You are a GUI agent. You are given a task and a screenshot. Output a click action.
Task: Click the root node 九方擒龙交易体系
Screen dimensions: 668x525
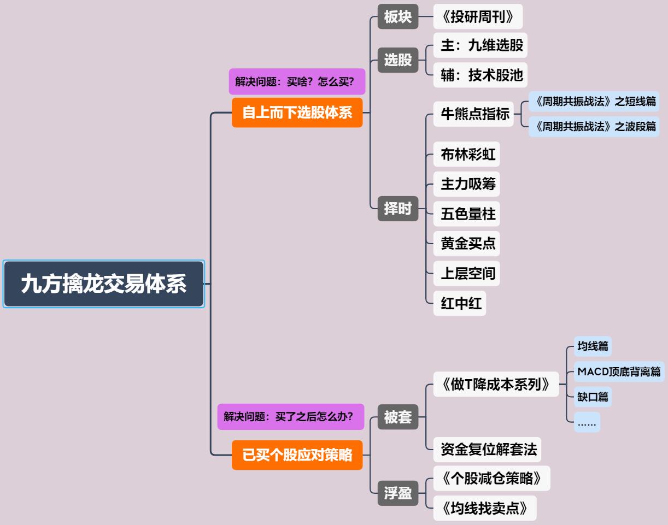(104, 284)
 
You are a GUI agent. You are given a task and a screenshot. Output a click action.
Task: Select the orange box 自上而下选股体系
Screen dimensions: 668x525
(297, 113)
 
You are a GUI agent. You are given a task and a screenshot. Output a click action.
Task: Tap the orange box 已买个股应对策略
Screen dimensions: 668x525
(297, 455)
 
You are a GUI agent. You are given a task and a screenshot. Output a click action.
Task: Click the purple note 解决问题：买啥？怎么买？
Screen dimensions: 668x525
(297, 81)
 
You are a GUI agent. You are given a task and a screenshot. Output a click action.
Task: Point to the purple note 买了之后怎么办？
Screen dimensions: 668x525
(291, 417)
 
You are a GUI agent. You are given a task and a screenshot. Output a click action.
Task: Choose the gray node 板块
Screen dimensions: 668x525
(397, 16)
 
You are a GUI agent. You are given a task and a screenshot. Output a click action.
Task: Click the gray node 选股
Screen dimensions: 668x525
(397, 60)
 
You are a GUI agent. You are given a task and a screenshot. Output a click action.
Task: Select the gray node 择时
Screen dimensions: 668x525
(397, 209)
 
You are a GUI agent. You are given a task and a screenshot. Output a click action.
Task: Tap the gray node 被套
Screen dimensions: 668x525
(397, 417)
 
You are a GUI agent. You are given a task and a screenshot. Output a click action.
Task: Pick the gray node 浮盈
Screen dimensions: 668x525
(397, 493)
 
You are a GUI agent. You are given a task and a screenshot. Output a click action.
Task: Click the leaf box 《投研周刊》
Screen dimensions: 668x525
(478, 16)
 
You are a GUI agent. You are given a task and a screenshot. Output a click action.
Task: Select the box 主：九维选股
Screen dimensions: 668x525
(480, 45)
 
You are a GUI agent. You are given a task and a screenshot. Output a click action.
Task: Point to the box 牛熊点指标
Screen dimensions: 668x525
(473, 114)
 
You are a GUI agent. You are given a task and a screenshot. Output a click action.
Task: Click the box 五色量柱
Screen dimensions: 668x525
(466, 214)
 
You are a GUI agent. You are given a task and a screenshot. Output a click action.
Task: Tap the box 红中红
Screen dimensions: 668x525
(460, 303)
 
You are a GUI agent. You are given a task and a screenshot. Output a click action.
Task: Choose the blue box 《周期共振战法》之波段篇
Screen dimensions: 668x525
(594, 127)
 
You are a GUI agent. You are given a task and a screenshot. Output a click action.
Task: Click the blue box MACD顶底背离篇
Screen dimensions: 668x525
(619, 371)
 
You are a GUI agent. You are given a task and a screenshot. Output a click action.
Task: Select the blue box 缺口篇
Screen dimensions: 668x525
(593, 397)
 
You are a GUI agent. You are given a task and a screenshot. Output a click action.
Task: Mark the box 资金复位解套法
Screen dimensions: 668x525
(487, 450)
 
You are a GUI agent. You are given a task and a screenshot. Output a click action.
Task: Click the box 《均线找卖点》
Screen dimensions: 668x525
(485, 508)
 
